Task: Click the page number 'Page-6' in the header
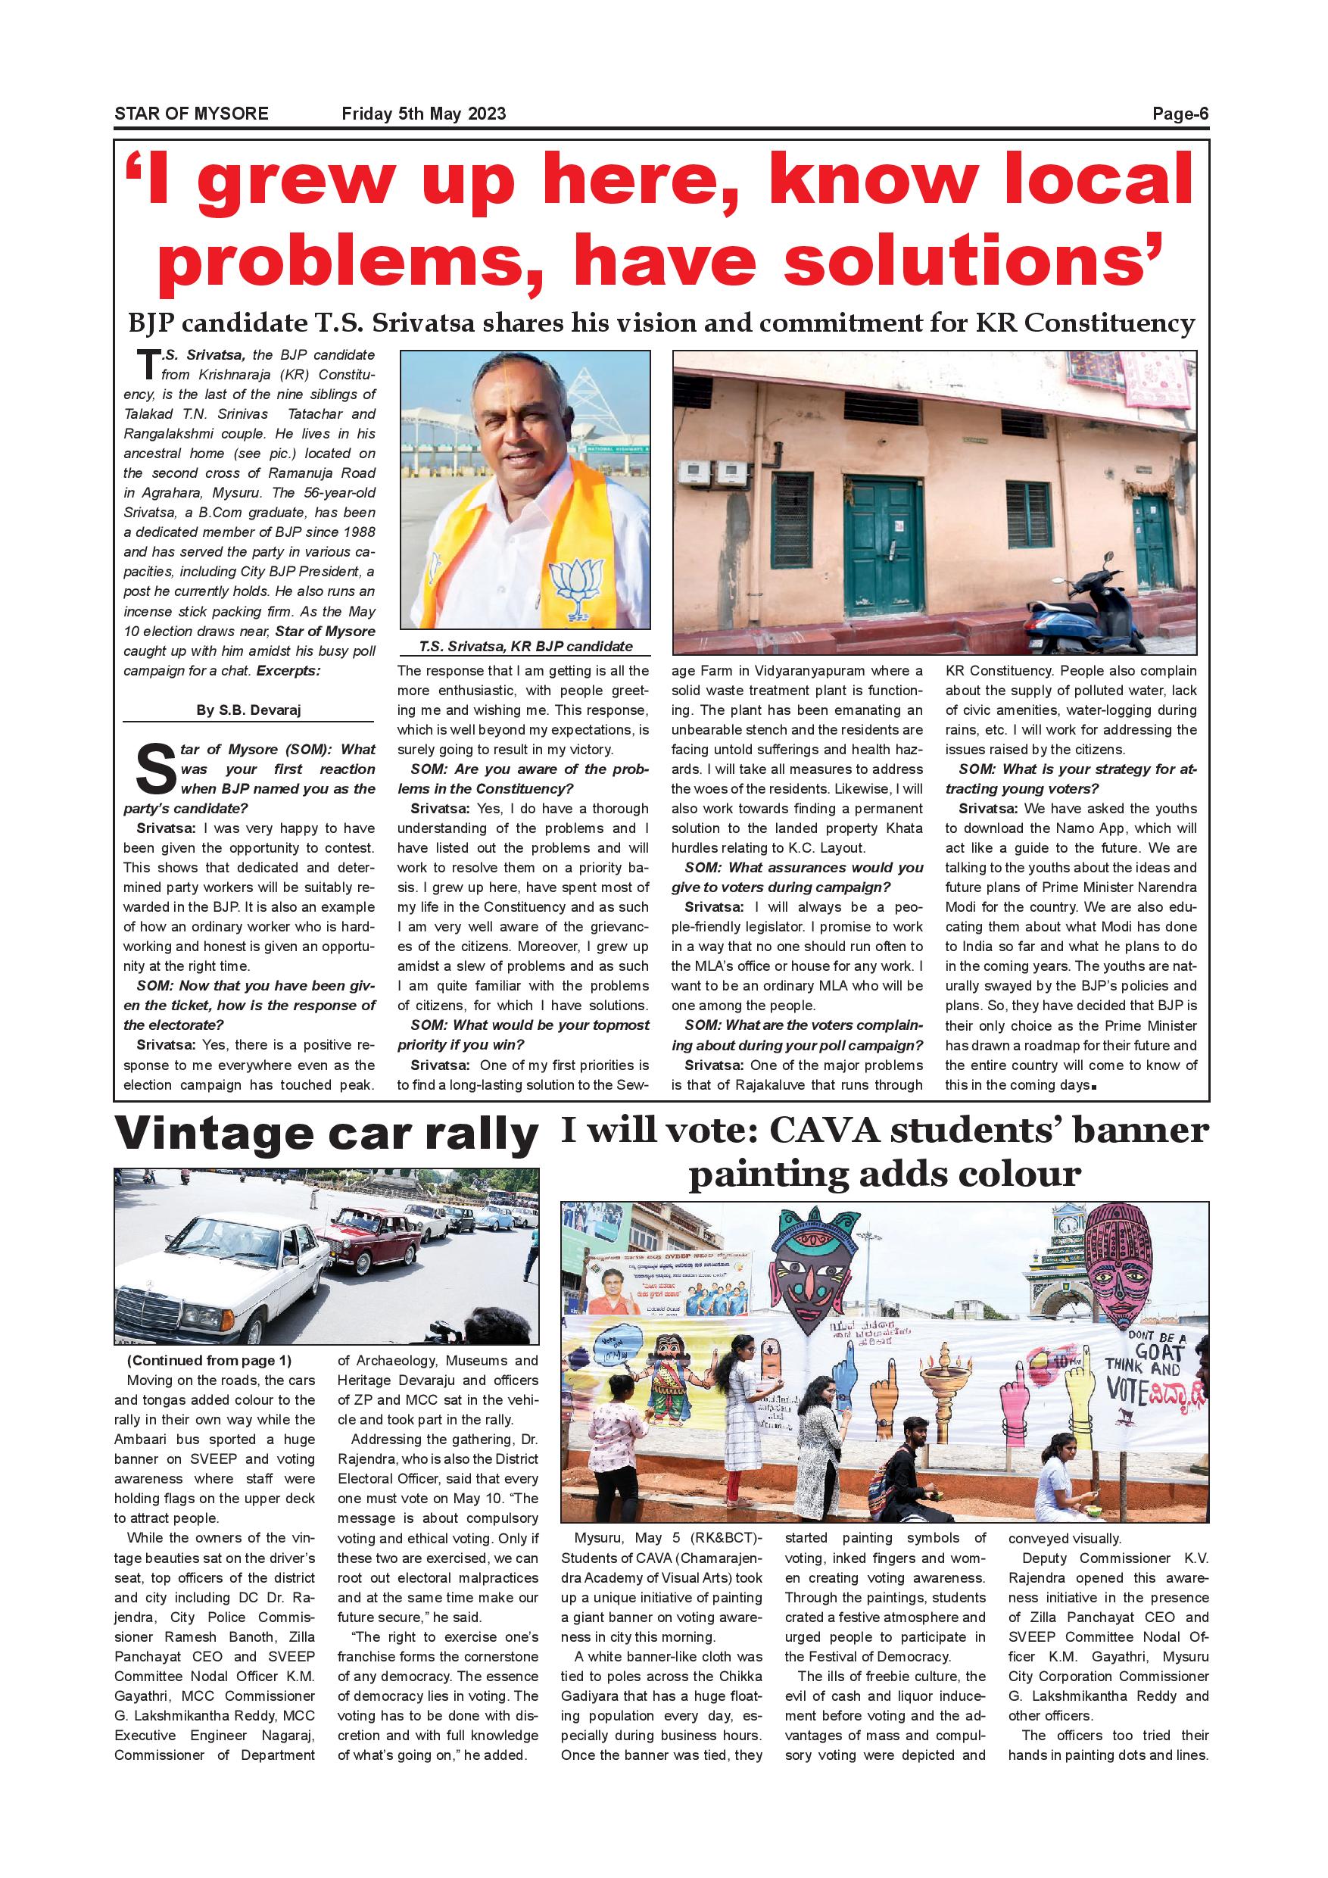[1179, 114]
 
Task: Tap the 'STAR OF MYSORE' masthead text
[192, 114]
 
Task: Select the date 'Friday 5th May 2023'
[423, 114]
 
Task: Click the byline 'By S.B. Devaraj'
[248, 710]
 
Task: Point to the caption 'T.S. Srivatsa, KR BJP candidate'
[525, 646]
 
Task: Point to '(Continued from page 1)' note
[209, 1360]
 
